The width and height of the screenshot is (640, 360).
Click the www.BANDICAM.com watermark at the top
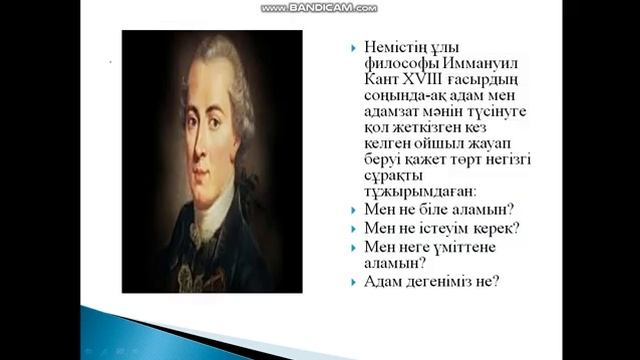319,7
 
